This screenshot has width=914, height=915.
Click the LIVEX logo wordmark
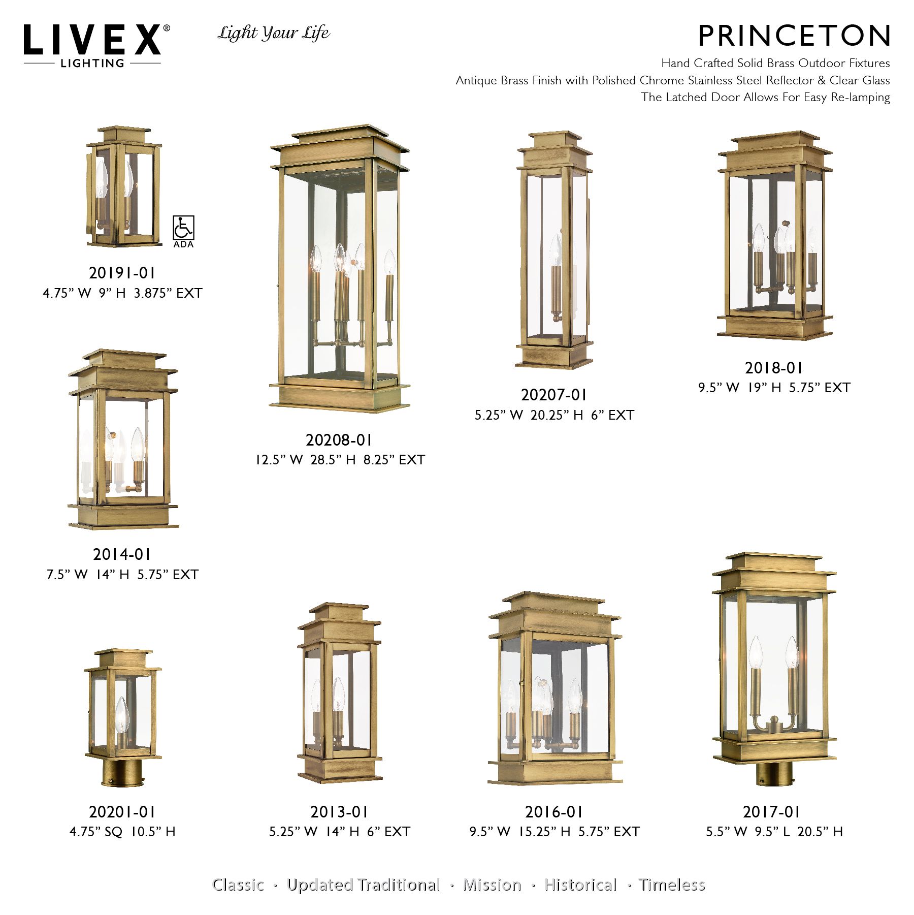(x=92, y=40)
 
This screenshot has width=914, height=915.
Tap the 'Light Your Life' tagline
(x=274, y=34)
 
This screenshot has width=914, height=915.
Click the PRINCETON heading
(x=794, y=36)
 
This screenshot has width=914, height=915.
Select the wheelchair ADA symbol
(x=183, y=228)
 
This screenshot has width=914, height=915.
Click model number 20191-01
(x=122, y=273)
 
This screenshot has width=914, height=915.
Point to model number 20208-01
(x=339, y=440)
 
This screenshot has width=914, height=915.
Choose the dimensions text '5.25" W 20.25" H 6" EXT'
(x=554, y=415)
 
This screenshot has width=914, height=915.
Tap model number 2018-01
(x=773, y=368)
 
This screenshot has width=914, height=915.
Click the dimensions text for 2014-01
(x=122, y=575)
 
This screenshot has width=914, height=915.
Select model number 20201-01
(x=122, y=812)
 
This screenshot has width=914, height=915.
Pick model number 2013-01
(x=339, y=812)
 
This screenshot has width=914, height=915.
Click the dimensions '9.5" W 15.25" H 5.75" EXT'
(x=554, y=832)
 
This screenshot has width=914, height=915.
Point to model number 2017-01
(x=771, y=812)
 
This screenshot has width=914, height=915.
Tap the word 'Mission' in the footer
(x=492, y=885)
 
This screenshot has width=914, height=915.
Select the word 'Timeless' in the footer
(x=672, y=885)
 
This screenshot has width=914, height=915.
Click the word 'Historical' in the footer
(x=580, y=885)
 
